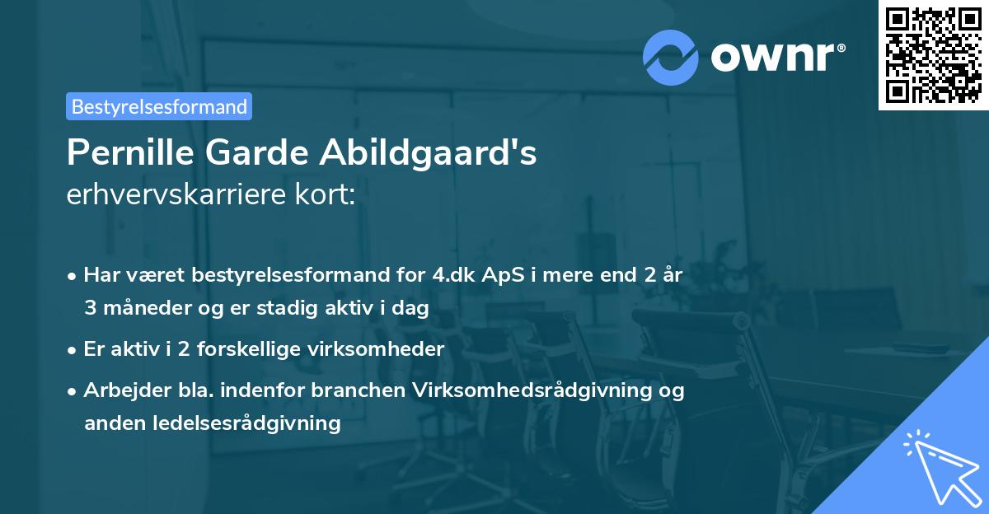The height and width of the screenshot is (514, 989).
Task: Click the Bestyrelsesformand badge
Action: point(159,106)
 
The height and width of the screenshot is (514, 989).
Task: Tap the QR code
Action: point(932,55)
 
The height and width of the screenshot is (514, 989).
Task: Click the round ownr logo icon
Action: point(671,57)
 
